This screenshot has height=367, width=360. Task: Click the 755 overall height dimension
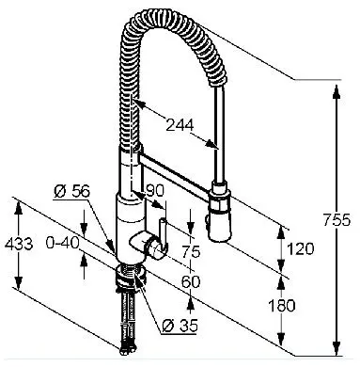[337, 220]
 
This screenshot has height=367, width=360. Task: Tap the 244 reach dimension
[180, 125]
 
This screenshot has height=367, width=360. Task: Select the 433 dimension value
[19, 244]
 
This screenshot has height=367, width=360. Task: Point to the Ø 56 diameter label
[71, 191]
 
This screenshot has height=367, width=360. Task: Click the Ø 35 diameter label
[180, 327]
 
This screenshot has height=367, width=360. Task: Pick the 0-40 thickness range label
[62, 243]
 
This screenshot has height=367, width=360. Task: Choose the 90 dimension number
[155, 190]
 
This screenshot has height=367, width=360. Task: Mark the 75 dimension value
[191, 251]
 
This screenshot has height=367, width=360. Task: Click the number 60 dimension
[191, 281]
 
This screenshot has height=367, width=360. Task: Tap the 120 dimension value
[300, 248]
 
